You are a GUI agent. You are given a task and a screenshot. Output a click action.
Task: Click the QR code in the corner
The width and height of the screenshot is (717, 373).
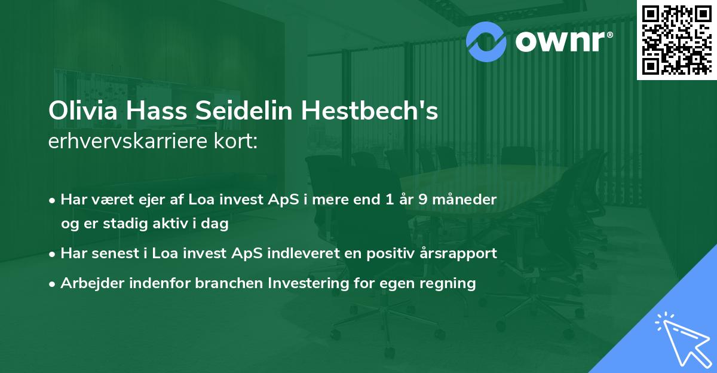coord(677,40)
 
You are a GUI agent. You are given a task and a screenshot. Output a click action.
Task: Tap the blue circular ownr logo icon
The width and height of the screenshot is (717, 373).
coord(486,42)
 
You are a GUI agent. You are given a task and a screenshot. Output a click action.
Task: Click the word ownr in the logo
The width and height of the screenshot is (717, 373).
coord(560,41)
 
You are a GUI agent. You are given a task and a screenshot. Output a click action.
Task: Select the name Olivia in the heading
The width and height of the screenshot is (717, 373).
coord(83,111)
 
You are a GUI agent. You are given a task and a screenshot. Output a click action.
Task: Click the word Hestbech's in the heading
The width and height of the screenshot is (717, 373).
coord(369,111)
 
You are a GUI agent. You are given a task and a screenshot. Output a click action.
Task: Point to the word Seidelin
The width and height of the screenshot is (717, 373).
coord(244,111)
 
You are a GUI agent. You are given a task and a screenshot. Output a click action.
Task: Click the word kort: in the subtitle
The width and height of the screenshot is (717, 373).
coord(235,141)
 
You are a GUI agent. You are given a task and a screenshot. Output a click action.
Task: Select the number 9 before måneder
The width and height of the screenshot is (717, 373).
coord(423,200)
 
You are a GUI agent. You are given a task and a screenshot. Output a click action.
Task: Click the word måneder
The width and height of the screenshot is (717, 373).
coord(464,200)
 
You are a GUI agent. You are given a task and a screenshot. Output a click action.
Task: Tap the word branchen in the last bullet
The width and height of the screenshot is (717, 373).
coord(229,283)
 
